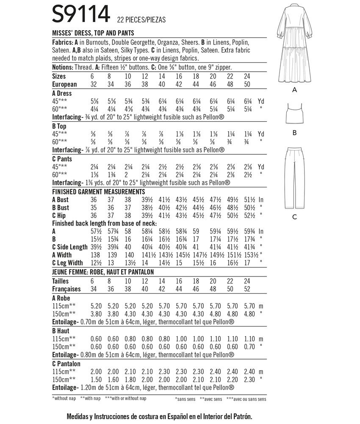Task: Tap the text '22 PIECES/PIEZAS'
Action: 141,20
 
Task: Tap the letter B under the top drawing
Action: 294,133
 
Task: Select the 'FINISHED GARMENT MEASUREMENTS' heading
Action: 101,192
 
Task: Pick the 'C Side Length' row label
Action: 70,247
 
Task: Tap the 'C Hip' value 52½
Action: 251,215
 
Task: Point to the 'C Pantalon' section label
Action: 66,363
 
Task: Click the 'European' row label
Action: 64,84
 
